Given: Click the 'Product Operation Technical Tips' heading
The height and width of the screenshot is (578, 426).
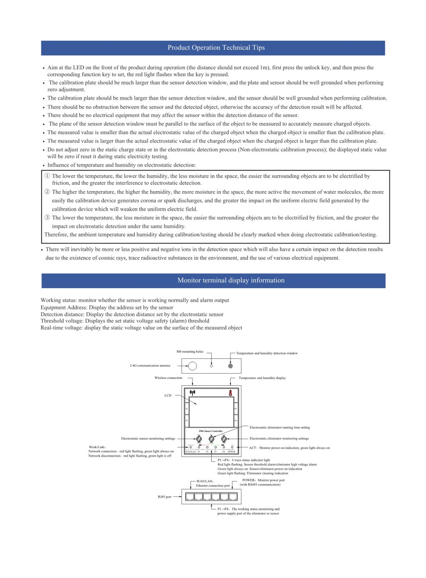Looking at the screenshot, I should tap(216, 48).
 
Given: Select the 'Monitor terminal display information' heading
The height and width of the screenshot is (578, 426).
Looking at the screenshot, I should tap(231, 281).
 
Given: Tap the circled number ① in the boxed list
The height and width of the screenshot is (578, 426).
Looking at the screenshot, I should tap(47, 176).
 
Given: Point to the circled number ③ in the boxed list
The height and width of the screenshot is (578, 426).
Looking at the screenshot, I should tap(47, 218).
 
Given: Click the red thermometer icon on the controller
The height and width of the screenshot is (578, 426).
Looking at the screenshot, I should tap(231, 393).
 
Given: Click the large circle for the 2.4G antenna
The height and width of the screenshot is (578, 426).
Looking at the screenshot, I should tap(192, 366).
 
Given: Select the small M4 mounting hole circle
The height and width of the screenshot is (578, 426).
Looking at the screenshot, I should tap(211, 366).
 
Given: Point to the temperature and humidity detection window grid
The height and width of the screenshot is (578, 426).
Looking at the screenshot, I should tap(231, 366).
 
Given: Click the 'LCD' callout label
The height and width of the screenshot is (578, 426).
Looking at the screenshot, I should tap(168, 396).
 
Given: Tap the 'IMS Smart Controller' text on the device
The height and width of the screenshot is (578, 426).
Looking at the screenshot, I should tap(211, 431).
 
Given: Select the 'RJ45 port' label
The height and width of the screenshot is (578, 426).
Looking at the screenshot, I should tap(165, 497).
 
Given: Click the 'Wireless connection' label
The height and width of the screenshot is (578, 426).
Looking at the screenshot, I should tap(168, 378).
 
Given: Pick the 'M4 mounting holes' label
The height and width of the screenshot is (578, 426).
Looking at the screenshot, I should tap(190, 352).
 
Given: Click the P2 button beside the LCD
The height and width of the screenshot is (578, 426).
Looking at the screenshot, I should tap(236, 409).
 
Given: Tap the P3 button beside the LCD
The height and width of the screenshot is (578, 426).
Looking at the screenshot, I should tap(187, 421).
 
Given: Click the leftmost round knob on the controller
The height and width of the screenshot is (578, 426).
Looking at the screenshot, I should tap(199, 439).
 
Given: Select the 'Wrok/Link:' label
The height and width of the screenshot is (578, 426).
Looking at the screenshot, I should tap(98, 447).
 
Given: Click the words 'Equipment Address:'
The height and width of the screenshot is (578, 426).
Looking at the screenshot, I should tap(64, 307).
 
